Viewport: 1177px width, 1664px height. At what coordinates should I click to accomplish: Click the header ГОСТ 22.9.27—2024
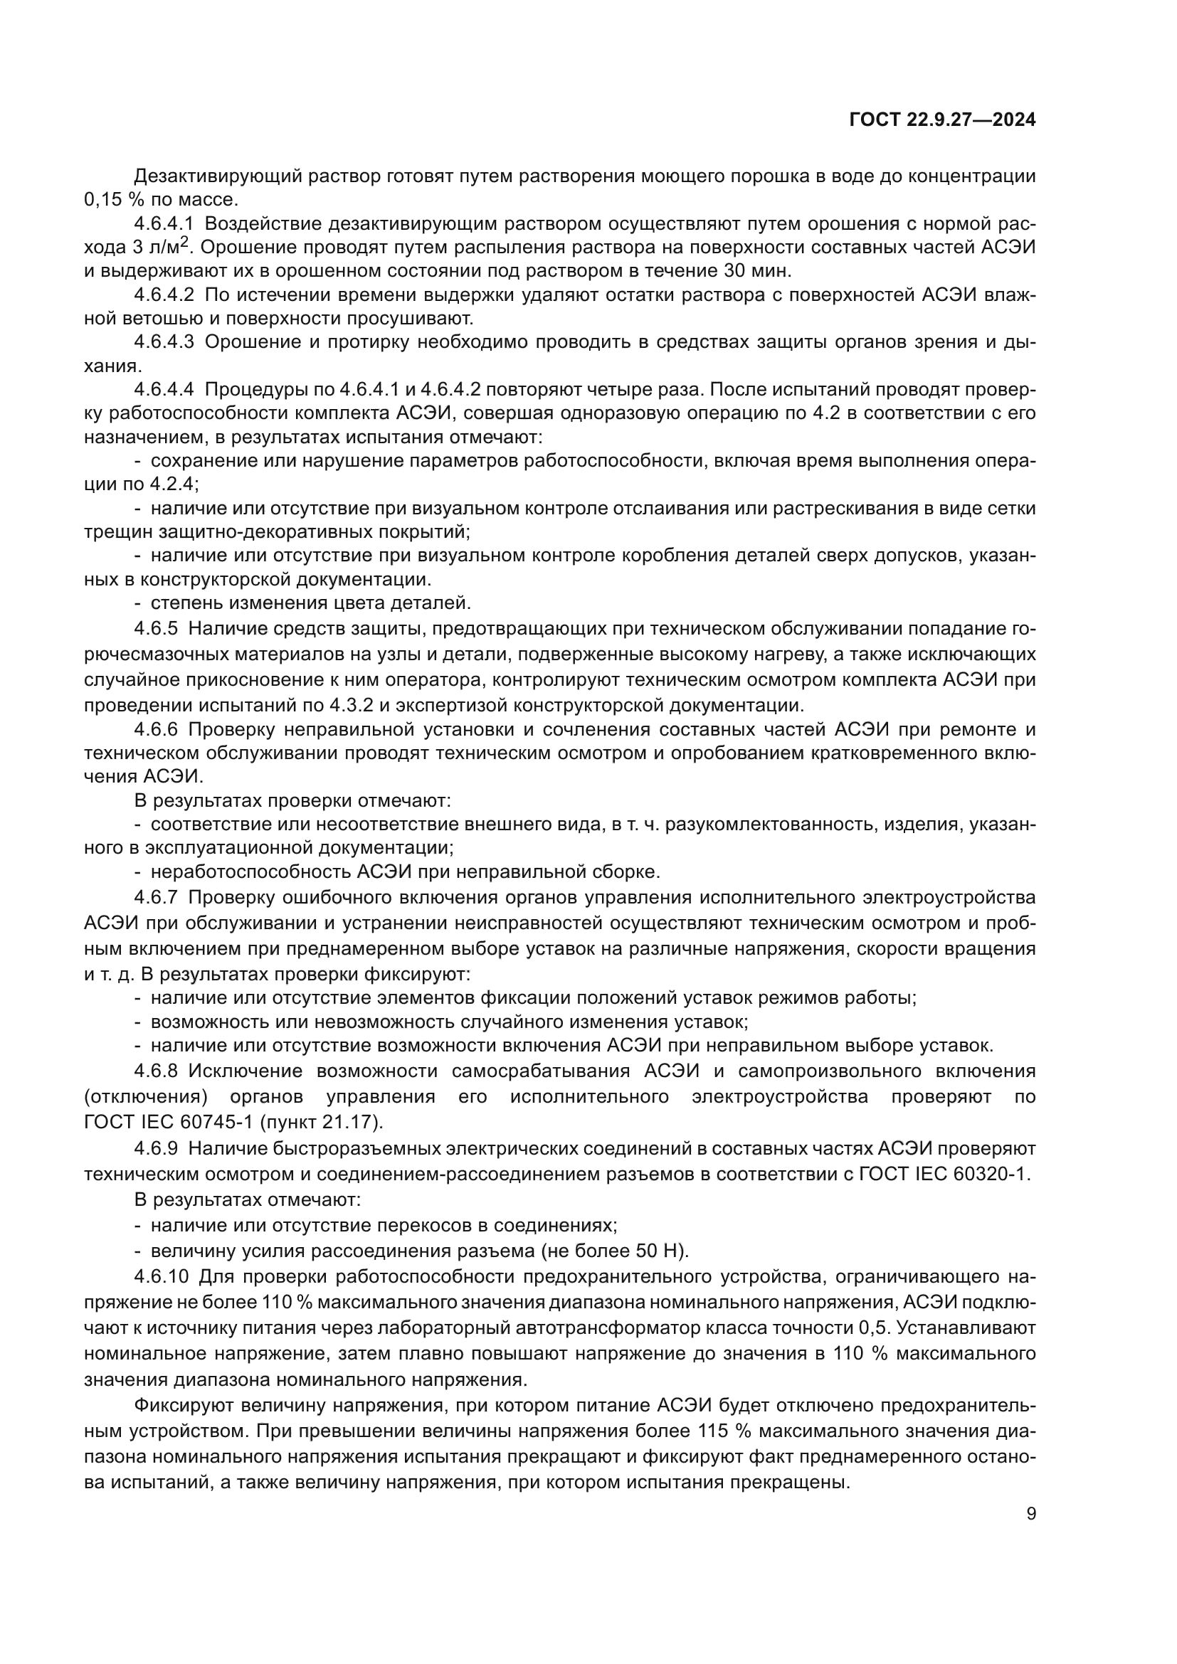(x=942, y=120)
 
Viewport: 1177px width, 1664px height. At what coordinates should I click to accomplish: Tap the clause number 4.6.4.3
(x=164, y=342)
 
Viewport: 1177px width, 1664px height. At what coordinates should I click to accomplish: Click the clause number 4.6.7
(x=156, y=897)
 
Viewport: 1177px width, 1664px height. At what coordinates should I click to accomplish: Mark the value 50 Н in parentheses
(x=660, y=1251)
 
